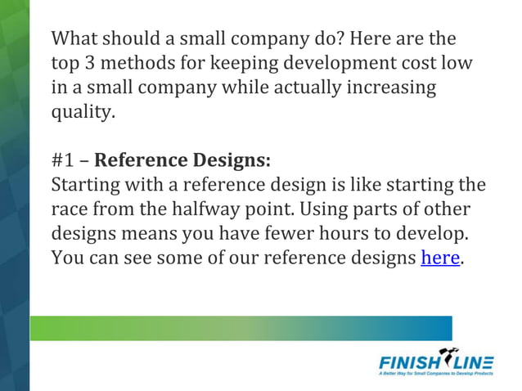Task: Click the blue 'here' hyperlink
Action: pyautogui.click(x=440, y=259)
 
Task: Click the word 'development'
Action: pyautogui.click(x=316, y=63)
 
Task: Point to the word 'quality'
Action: pyautogui.click(x=80, y=111)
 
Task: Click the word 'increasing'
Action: pyautogui.click(x=391, y=87)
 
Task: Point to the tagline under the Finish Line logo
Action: pyautogui.click(x=436, y=373)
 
